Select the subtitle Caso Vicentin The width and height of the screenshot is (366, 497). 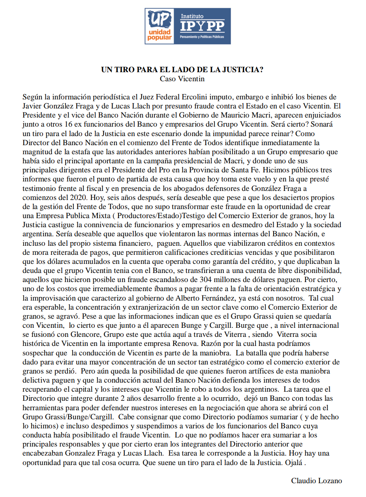[x=182, y=78]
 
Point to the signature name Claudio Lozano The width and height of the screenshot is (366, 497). [x=316, y=480]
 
